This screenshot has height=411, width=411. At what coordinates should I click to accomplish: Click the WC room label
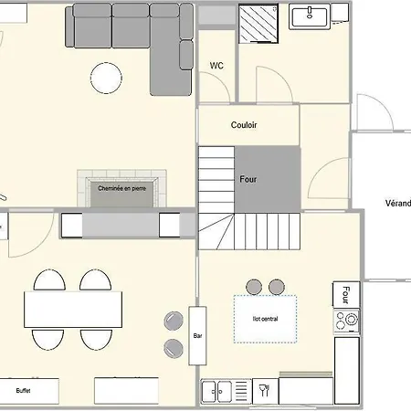[x=216, y=66]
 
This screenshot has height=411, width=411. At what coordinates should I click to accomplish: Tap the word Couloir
[x=244, y=125]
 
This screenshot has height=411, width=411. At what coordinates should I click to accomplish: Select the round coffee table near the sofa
[x=106, y=78]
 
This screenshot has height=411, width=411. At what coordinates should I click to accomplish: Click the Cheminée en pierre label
[x=121, y=188]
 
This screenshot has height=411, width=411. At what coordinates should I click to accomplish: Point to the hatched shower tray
[x=258, y=24]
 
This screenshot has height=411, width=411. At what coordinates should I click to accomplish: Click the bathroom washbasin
[x=310, y=16]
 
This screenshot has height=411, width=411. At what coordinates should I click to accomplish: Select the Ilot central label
[x=265, y=319]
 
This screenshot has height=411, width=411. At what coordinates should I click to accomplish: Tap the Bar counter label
[x=197, y=336]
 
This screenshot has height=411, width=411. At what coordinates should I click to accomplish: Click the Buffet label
[x=23, y=391]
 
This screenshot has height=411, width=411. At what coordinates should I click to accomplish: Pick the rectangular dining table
[x=73, y=310]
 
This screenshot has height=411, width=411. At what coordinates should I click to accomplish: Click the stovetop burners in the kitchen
[x=346, y=321]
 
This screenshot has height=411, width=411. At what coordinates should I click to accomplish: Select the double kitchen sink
[x=216, y=391]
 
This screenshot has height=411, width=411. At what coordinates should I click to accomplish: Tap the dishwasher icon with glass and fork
[x=265, y=391]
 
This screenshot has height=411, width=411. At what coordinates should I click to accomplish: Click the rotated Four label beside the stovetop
[x=346, y=295]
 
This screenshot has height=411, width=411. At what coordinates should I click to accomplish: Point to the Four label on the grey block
[x=248, y=179]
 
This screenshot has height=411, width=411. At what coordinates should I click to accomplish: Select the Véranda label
[x=398, y=203]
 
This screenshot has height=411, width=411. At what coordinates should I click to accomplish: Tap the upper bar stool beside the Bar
[x=174, y=321]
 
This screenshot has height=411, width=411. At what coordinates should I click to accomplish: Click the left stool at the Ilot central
[x=254, y=287]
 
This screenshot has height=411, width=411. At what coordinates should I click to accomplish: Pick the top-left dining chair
[x=49, y=280]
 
